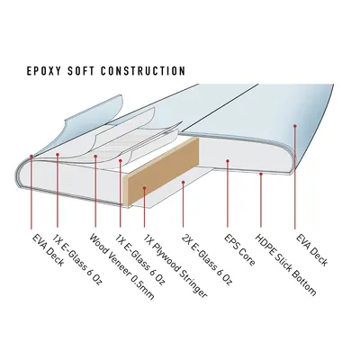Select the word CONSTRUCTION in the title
[x=143, y=71]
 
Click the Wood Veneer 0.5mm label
[x=121, y=266]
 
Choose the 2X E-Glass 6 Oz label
[x=207, y=259]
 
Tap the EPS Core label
[x=239, y=249]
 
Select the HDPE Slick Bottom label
[x=285, y=265]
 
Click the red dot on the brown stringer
[x=144, y=188]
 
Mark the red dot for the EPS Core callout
[x=228, y=161]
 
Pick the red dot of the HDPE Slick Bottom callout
[x=261, y=174]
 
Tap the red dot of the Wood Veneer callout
[x=95, y=156]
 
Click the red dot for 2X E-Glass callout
[x=183, y=182]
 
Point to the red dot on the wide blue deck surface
[x=295, y=126]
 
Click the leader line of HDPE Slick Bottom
[x=261, y=201]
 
